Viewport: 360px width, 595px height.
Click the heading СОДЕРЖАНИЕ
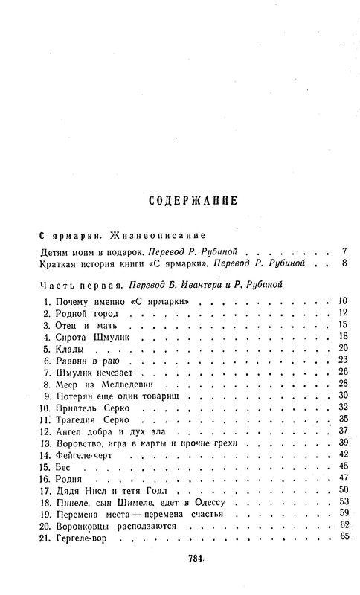click(193, 200)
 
